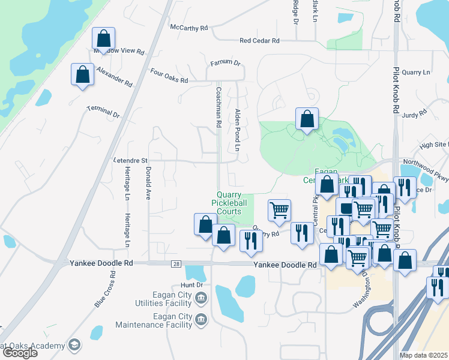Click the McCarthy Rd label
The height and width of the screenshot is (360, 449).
pyautogui.click(x=188, y=28)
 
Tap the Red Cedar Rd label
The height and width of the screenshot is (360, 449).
pyautogui.click(x=259, y=41)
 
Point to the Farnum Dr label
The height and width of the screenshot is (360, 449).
pyautogui.click(x=225, y=63)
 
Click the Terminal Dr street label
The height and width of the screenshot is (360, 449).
pyautogui.click(x=103, y=111)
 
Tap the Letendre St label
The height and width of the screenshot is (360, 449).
pyautogui.click(x=130, y=161)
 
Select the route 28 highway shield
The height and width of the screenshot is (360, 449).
pyautogui.click(x=175, y=263)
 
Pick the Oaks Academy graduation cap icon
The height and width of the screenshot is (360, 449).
pyautogui.click(x=73, y=345)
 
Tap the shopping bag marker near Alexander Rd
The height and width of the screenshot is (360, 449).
pyautogui.click(x=82, y=74)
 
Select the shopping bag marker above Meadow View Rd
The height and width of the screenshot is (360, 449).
pyautogui.click(x=104, y=38)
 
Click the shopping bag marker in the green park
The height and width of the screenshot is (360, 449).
pyautogui.click(x=307, y=119)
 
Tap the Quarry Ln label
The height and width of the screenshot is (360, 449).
pyautogui.click(x=416, y=73)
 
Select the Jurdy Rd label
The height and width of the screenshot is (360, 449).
pyautogui.click(x=414, y=112)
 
